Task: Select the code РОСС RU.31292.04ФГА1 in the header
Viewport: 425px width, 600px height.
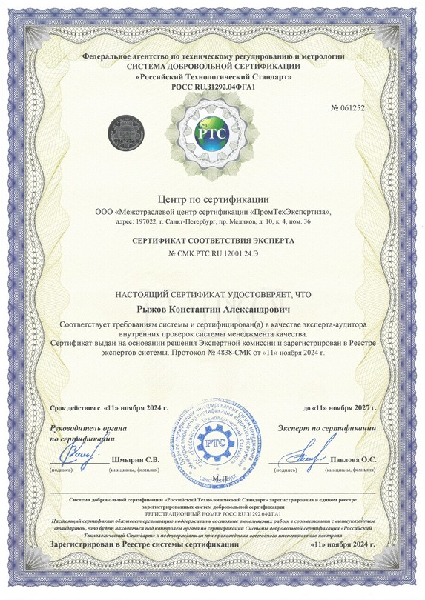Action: [x=212, y=87]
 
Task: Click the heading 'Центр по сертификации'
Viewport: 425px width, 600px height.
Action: [x=212, y=199]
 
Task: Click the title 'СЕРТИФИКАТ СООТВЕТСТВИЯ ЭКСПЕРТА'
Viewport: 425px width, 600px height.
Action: [x=212, y=241]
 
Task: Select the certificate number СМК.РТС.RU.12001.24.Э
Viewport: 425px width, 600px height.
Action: [x=217, y=256]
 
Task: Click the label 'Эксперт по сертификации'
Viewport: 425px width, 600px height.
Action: [x=327, y=429]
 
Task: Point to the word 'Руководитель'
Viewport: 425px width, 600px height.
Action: [x=77, y=429]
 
